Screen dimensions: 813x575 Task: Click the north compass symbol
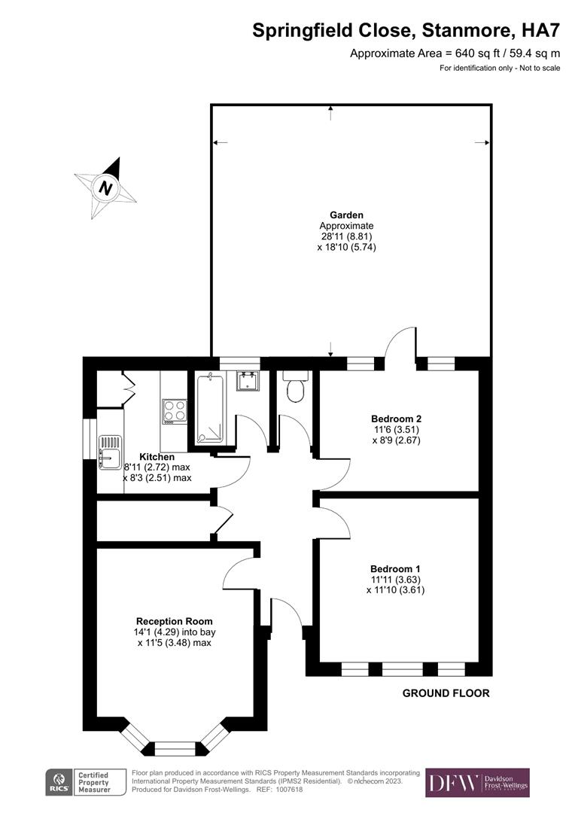[105, 187]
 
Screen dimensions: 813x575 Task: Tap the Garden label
[346, 215]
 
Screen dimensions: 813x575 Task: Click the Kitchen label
[157, 457]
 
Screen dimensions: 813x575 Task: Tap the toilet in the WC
[294, 388]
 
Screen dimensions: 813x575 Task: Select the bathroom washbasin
[248, 381]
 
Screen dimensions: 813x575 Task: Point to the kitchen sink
[111, 449]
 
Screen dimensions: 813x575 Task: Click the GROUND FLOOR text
[446, 693]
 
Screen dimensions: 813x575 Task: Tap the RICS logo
[58, 782]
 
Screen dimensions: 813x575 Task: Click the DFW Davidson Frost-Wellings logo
[477, 783]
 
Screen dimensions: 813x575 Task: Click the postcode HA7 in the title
[543, 30]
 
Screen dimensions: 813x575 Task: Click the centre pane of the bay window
[175, 748]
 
